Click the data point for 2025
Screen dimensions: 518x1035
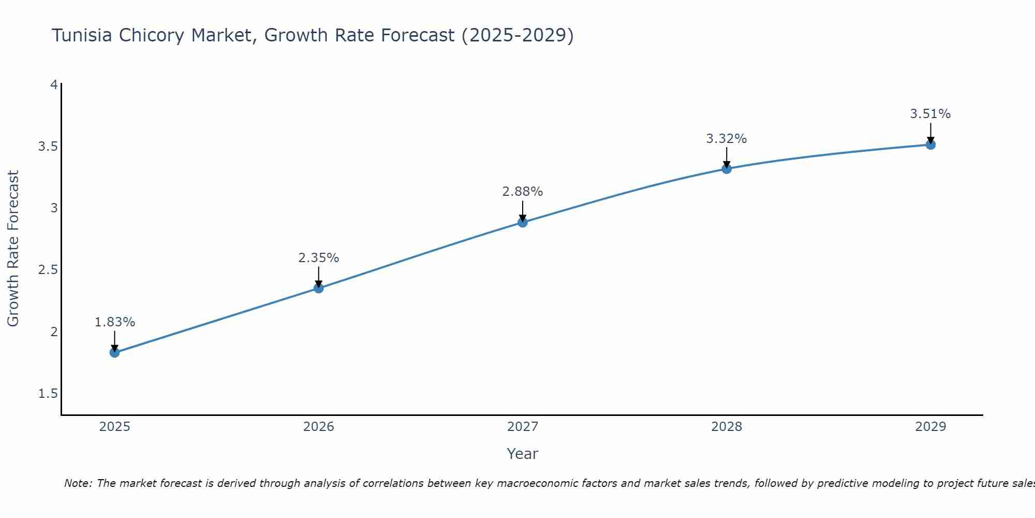114,353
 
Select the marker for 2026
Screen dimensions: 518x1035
319,288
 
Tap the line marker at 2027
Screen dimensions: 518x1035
523,222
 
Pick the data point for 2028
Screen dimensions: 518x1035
727,168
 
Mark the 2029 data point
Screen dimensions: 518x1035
930,145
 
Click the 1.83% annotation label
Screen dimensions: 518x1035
114,322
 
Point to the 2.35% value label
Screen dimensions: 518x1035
319,258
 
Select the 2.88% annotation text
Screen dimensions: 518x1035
523,192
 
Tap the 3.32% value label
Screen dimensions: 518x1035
727,139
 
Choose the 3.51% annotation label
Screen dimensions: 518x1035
930,114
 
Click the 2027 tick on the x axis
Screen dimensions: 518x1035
523,427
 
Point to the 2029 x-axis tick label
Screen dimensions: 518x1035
930,427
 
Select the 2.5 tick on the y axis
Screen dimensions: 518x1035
48,270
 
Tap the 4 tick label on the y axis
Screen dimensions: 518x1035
54,84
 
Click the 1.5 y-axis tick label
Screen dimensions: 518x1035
48,394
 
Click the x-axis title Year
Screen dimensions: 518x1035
523,454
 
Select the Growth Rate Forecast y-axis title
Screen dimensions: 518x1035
13,249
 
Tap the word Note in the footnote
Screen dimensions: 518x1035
77,483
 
